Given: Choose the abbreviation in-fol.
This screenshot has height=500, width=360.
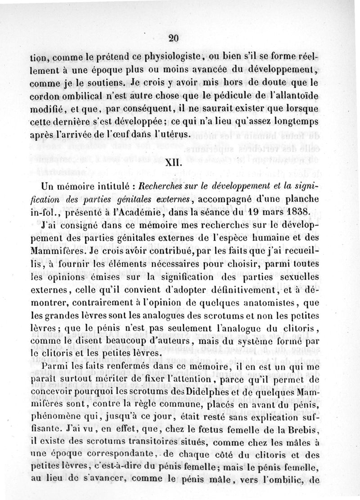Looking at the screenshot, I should coord(43,211).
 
